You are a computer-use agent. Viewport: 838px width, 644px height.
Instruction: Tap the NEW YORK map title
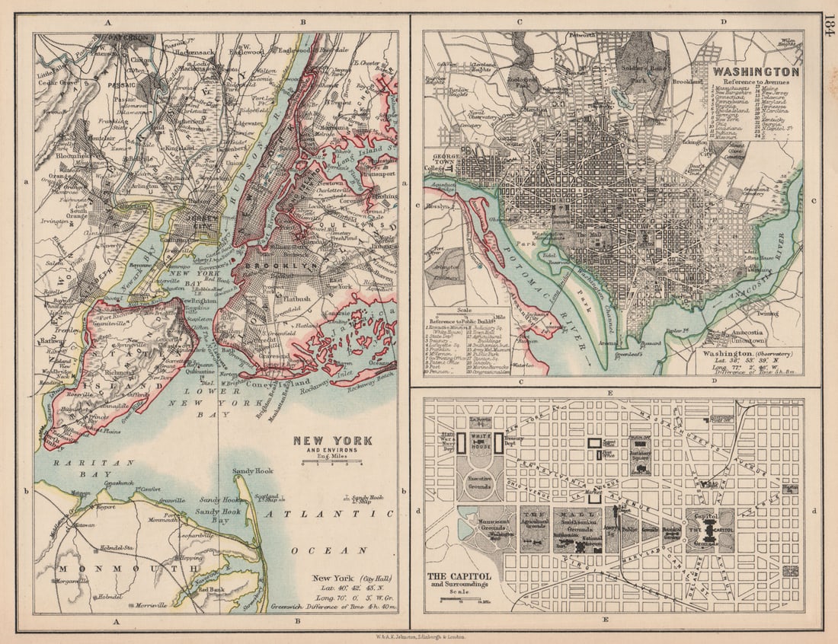[x=333, y=441]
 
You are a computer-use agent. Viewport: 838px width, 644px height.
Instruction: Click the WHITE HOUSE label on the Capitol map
[x=480, y=441]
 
